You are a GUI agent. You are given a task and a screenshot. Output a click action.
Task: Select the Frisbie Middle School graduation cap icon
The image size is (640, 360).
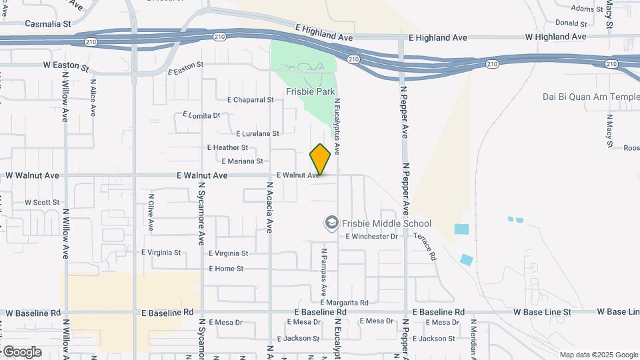point(331,222)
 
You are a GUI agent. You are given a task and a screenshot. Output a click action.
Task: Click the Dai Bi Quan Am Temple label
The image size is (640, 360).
point(591,97)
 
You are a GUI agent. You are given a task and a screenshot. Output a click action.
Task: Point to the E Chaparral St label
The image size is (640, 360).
point(250,100)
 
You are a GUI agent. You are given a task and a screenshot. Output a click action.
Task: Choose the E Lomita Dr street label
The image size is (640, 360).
point(201,115)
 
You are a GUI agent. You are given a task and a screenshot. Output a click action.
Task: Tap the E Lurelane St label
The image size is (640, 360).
point(257,133)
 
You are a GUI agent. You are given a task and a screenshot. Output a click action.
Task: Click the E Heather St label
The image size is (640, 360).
point(227,147)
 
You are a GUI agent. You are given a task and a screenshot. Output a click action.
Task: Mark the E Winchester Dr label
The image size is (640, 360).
point(371,236)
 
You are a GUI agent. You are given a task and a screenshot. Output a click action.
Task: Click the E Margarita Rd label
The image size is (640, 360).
point(343,303)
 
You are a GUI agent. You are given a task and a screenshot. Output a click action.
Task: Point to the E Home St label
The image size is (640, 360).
point(226,269)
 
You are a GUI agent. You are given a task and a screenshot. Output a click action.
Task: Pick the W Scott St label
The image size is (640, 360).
point(42,202)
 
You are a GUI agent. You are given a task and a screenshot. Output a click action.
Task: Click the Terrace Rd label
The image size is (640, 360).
point(425,247)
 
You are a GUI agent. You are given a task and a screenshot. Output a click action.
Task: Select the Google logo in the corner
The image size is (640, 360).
point(21,351)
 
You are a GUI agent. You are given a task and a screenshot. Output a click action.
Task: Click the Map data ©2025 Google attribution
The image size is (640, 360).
point(598,355)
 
